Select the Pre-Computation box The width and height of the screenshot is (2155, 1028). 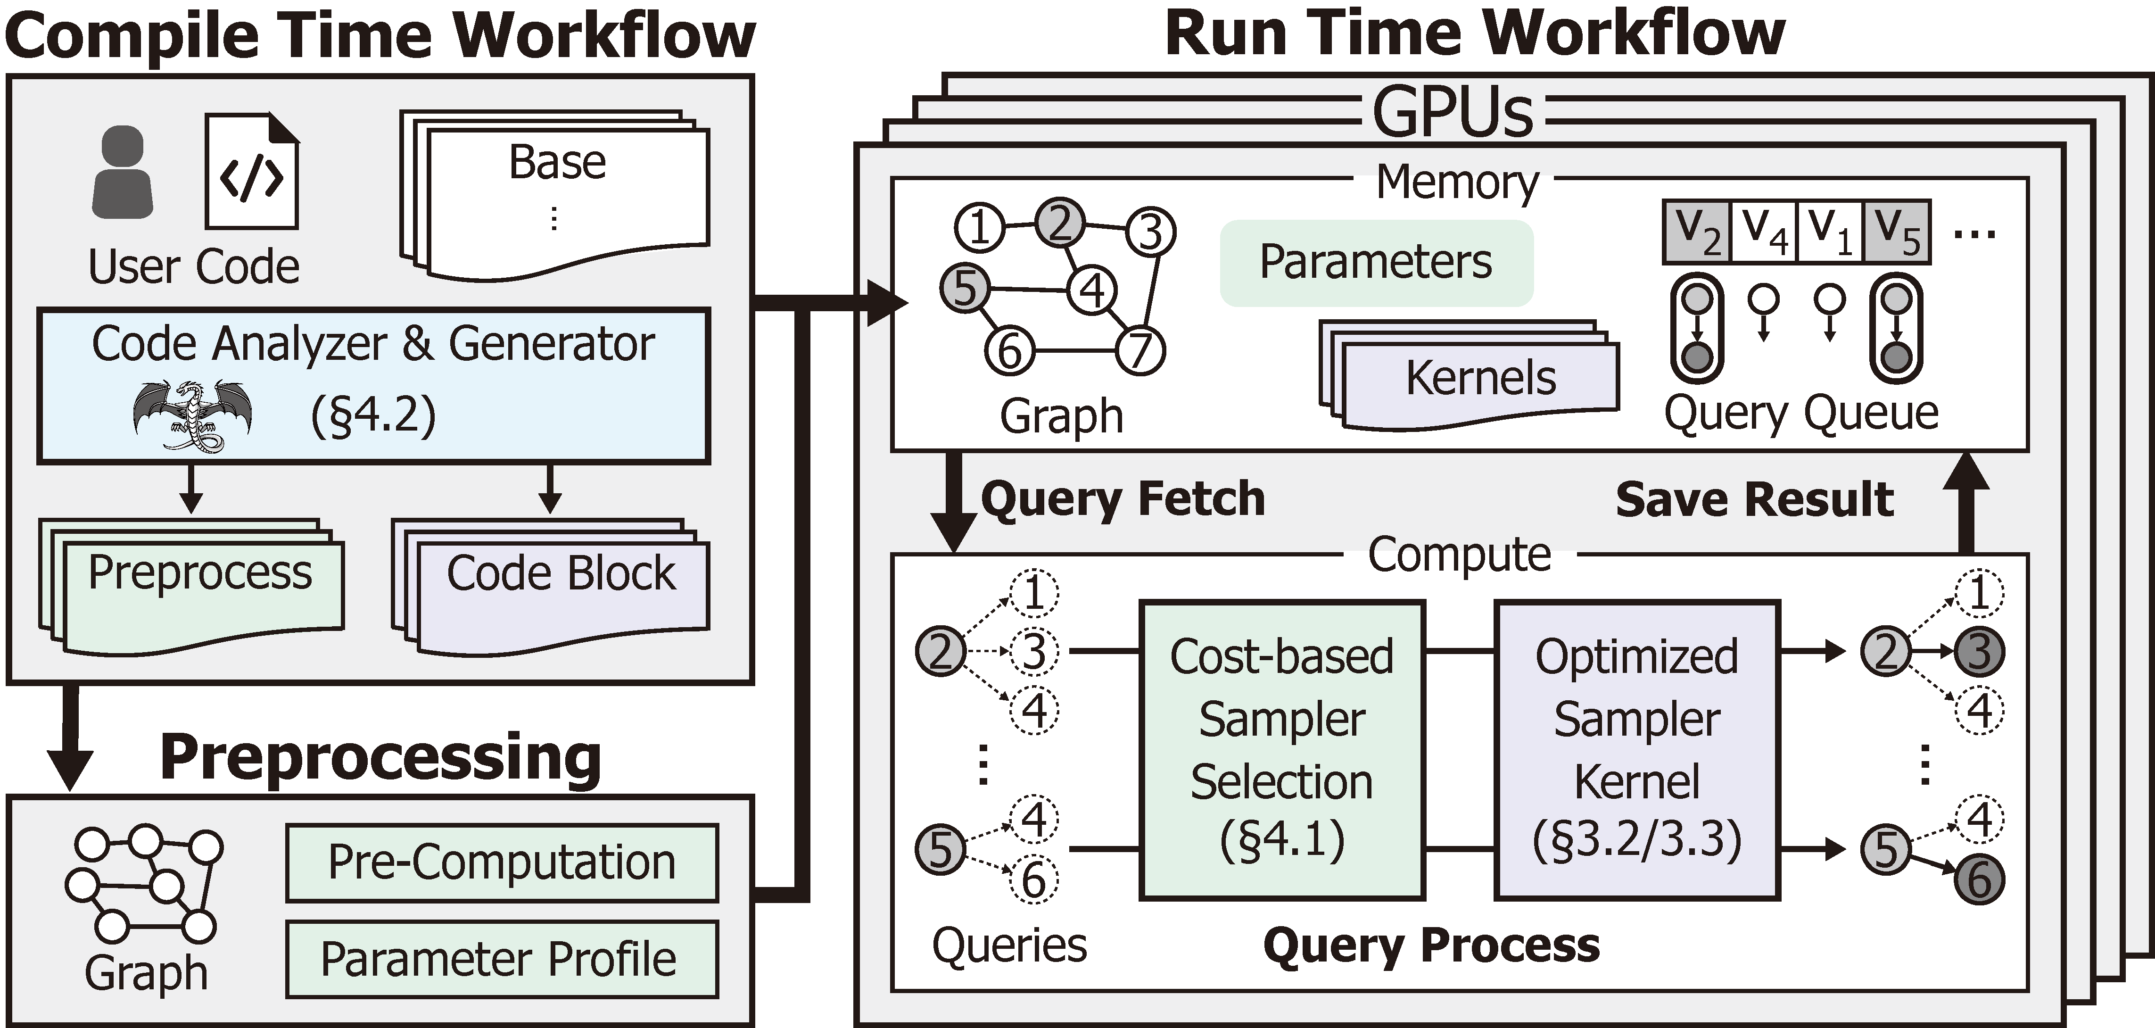pos(502,862)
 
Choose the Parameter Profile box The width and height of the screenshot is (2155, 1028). pos(502,959)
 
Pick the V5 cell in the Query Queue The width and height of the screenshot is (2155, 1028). pos(1897,232)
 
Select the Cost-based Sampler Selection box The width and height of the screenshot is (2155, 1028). pos(1281,749)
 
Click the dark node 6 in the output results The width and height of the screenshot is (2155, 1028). pos(1979,879)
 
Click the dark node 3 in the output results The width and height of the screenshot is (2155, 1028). pos(1979,652)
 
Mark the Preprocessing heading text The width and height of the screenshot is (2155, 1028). pos(380,757)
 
